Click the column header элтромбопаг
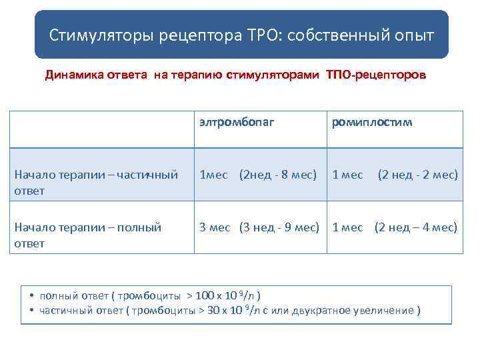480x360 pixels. [x=236, y=122]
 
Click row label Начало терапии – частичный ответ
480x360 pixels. [x=96, y=182]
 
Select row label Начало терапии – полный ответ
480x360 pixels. [x=87, y=235]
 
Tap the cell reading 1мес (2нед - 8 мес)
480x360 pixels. [x=258, y=175]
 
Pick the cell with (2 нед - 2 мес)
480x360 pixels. [x=418, y=175]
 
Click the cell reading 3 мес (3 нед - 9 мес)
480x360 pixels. [x=259, y=227]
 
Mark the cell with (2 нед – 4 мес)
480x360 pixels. [x=416, y=227]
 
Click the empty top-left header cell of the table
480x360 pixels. [x=101, y=129]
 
